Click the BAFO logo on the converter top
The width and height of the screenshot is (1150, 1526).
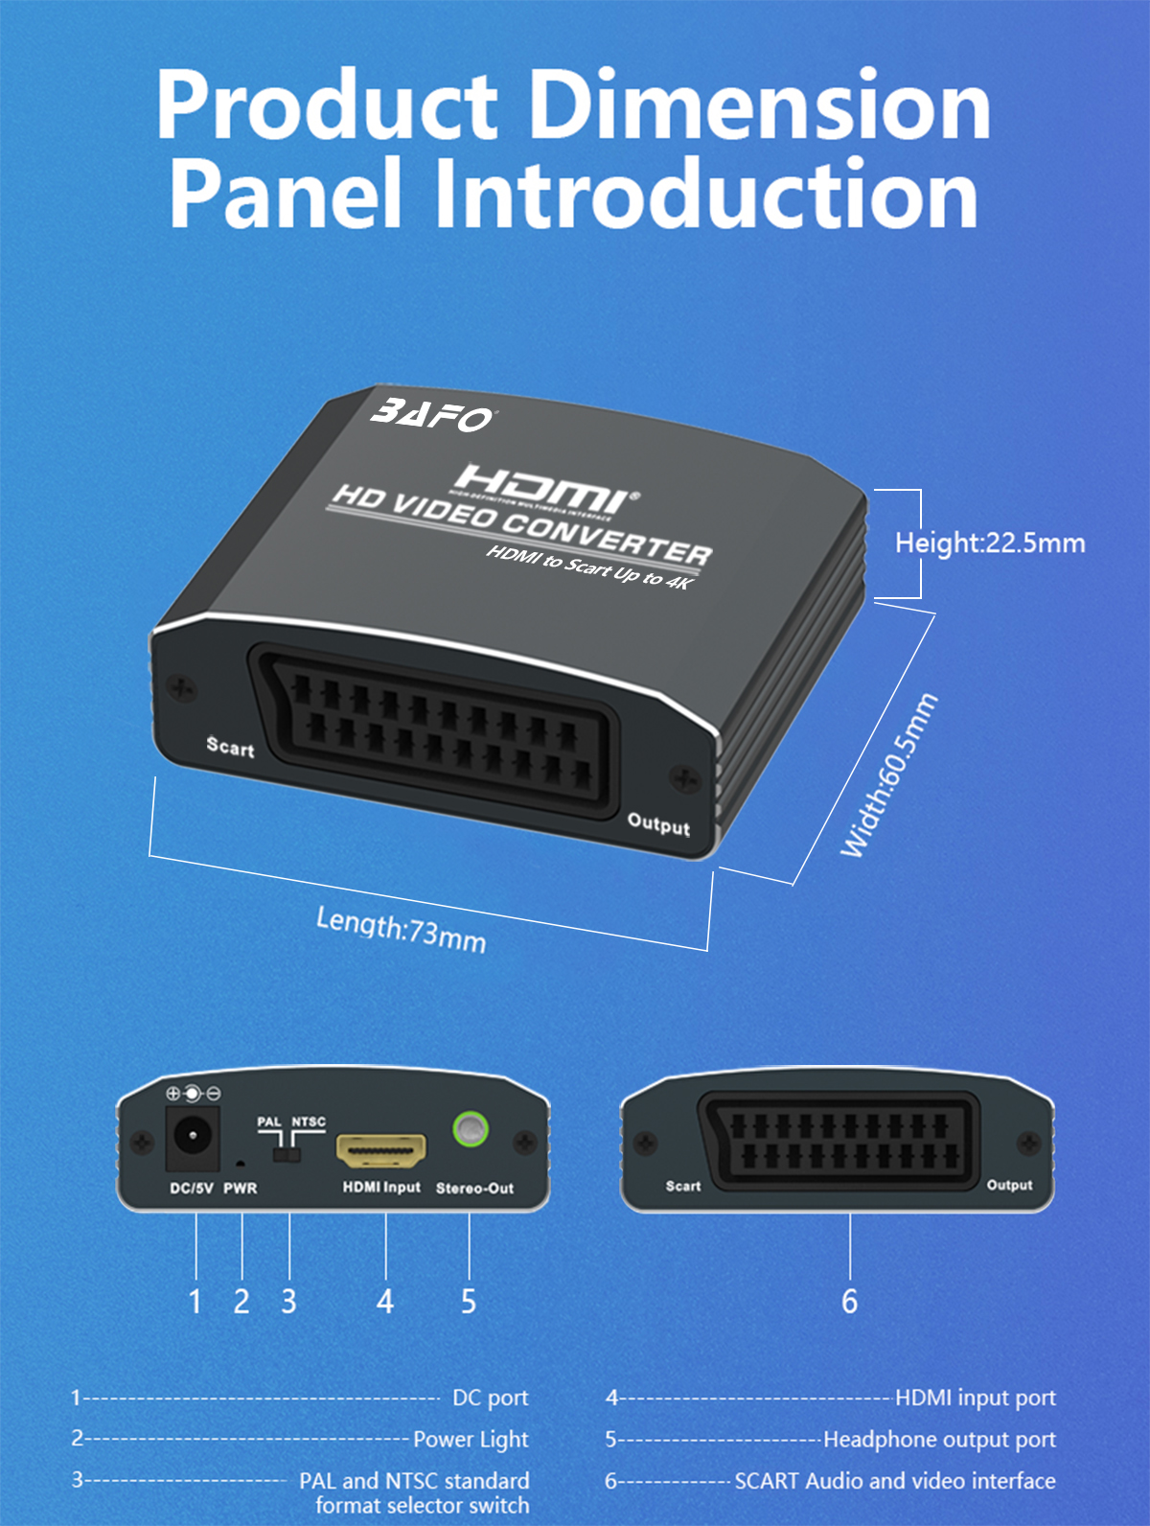pyautogui.click(x=433, y=415)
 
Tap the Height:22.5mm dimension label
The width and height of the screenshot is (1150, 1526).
pyautogui.click(x=989, y=543)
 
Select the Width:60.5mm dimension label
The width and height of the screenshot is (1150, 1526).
pyautogui.click(x=888, y=775)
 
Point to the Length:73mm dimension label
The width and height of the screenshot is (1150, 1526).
pyautogui.click(x=401, y=930)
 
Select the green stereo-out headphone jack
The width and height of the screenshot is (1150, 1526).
pyautogui.click(x=470, y=1129)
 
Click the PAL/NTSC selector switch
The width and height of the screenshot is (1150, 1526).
pyautogui.click(x=287, y=1152)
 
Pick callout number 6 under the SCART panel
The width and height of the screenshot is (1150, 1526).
pyautogui.click(x=849, y=1302)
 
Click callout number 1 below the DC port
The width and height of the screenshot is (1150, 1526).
pyautogui.click(x=195, y=1302)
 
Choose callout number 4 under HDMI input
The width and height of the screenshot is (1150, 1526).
pyautogui.click(x=385, y=1302)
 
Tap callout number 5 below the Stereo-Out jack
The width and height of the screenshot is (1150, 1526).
pyautogui.click(x=469, y=1302)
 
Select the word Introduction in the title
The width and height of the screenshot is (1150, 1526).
pyautogui.click(x=705, y=195)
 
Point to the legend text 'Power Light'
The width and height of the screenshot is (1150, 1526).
pyautogui.click(x=471, y=1439)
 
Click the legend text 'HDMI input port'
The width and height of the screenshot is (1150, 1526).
pyautogui.click(x=975, y=1398)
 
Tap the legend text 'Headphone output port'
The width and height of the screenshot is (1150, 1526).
pyautogui.click(x=939, y=1439)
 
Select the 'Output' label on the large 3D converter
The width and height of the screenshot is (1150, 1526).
pyautogui.click(x=658, y=823)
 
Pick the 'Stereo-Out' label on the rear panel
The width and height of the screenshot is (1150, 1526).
pyautogui.click(x=474, y=1189)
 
